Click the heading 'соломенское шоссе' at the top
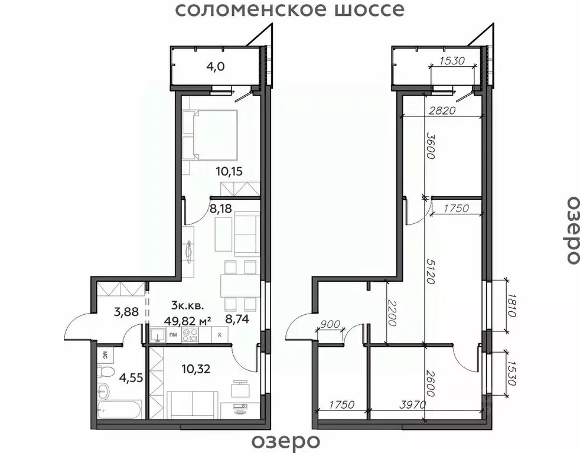290,10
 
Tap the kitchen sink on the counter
157,335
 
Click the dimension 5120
430,271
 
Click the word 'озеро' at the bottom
286,441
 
